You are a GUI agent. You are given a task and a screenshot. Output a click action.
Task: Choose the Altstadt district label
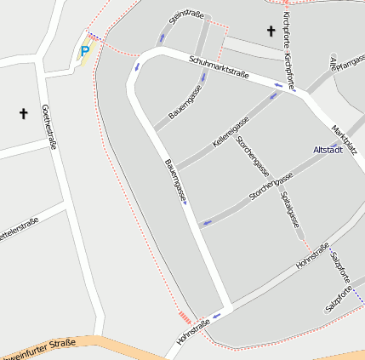click(328, 151)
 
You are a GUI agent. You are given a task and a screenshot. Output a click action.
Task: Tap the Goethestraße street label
click(48, 127)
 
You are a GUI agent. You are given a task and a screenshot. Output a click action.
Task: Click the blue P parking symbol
click(84, 52)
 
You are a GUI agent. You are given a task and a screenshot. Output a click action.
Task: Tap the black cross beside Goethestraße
click(23, 112)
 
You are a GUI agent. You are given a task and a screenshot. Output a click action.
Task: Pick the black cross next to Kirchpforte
click(271, 31)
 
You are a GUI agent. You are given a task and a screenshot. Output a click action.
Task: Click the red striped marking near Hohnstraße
click(185, 317)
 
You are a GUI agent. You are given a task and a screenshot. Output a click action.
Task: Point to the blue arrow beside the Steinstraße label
click(162, 37)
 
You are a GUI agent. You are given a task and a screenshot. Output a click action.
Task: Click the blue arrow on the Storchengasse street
click(204, 224)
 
